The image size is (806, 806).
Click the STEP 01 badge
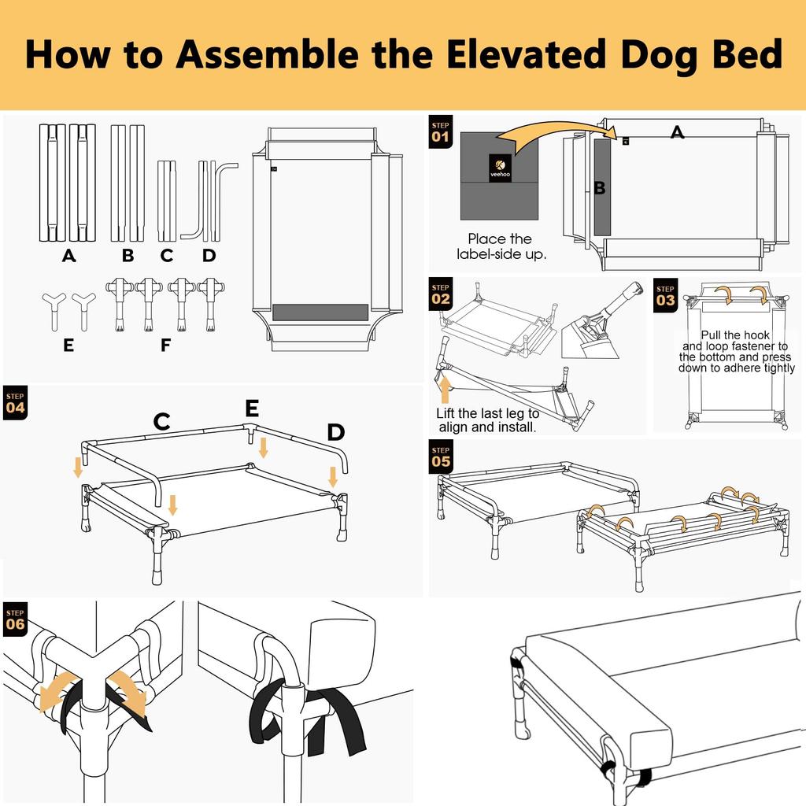click(x=441, y=131)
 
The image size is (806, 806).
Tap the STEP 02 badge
click(x=441, y=294)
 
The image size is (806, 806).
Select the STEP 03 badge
click(x=665, y=295)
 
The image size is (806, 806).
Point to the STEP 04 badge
click(x=15, y=402)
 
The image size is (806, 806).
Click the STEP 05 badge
click(x=441, y=457)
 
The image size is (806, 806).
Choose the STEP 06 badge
click(x=15, y=619)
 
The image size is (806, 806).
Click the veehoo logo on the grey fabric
click(x=500, y=168)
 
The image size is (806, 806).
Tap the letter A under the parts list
click(x=69, y=256)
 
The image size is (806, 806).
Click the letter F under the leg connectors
click(x=165, y=345)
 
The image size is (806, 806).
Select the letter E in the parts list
click(x=68, y=345)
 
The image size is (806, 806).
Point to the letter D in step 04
click(x=335, y=432)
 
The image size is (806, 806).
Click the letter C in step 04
click(x=162, y=422)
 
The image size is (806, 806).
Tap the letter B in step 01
click(x=599, y=188)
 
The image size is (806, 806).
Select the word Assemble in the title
click(x=268, y=54)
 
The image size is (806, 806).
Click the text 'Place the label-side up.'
click(x=501, y=246)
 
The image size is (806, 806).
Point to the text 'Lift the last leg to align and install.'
click(x=487, y=420)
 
